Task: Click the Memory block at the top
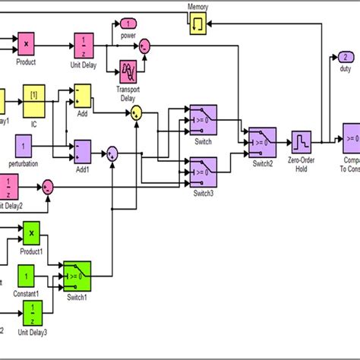[x=198, y=24]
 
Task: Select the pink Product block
[x=27, y=45]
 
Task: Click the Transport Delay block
[x=127, y=71]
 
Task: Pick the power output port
[x=128, y=24]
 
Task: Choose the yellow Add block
[x=82, y=96]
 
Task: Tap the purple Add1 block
[x=82, y=150]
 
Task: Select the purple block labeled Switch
[x=203, y=118]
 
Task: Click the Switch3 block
[x=203, y=171]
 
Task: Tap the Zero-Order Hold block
[x=302, y=141]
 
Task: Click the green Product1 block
[x=30, y=232]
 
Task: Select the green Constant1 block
[x=26, y=276]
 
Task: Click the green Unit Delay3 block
[x=31, y=311]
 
